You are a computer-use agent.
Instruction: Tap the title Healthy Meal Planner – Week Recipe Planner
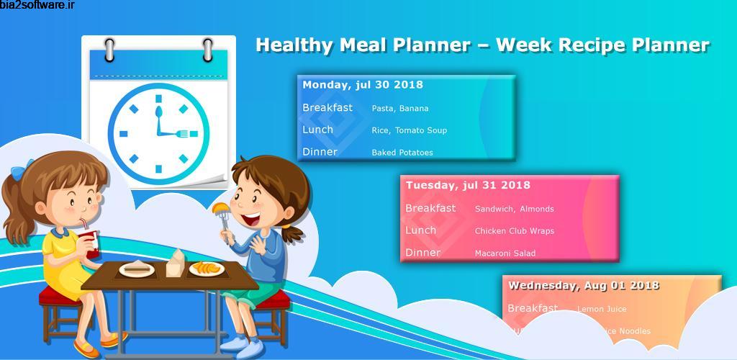pyautogui.click(x=482, y=45)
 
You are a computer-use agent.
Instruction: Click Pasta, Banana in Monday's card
pyautogui.click(x=400, y=109)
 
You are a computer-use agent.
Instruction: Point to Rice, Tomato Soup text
pyautogui.click(x=410, y=130)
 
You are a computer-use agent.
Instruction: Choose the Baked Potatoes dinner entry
pyautogui.click(x=402, y=153)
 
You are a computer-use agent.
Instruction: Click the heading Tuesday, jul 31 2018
pyautogui.click(x=468, y=186)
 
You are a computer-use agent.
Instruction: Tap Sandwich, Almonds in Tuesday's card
pyautogui.click(x=515, y=210)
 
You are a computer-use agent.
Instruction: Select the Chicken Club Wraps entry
pyautogui.click(x=514, y=232)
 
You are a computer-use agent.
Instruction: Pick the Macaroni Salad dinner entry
pyautogui.click(x=505, y=253)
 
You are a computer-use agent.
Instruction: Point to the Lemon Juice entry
pyautogui.click(x=602, y=310)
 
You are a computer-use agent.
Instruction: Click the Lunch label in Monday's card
pyautogui.click(x=317, y=130)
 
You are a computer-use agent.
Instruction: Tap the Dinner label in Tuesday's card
pyautogui.click(x=422, y=253)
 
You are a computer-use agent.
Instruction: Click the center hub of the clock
pyautogui.click(x=158, y=133)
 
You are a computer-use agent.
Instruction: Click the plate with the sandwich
pyautogui.click(x=137, y=269)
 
